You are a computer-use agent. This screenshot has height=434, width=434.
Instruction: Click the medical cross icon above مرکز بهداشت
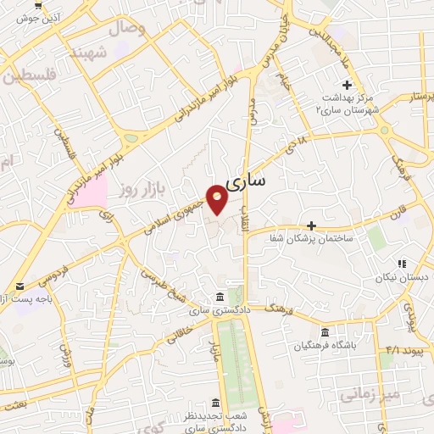tap(347, 85)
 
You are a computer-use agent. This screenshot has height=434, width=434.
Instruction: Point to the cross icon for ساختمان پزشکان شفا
tap(312, 225)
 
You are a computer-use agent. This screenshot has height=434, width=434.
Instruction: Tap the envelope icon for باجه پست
tap(19, 287)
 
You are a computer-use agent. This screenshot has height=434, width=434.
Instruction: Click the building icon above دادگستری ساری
tap(220, 297)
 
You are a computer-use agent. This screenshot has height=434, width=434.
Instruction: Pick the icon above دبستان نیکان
tap(402, 264)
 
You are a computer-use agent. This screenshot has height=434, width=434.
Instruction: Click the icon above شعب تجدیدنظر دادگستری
tap(214, 402)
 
